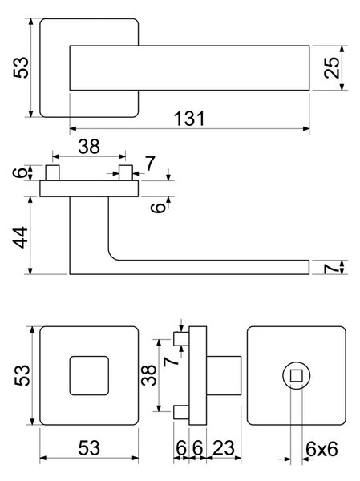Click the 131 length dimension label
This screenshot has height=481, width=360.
[x=189, y=119]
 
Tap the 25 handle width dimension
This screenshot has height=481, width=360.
[x=332, y=68]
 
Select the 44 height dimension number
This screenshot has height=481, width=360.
[x=20, y=237]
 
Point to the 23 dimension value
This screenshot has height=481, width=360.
[x=224, y=448]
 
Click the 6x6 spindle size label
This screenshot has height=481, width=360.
[x=322, y=450]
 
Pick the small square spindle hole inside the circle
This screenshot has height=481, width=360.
[x=297, y=375]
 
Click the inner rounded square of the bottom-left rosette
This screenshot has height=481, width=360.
[x=89, y=375]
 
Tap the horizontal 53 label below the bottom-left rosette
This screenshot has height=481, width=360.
[x=89, y=448]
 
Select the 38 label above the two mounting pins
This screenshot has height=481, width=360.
[x=89, y=147]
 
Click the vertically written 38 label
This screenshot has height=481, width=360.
[x=149, y=375]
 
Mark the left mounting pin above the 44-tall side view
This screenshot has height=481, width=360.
[x=52, y=172]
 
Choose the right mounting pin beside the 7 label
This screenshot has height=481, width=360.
[x=126, y=172]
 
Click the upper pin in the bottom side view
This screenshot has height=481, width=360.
[x=181, y=339]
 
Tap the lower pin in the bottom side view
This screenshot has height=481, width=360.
[x=181, y=412]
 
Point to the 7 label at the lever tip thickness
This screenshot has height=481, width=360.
[x=332, y=269]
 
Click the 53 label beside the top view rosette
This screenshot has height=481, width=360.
[x=21, y=68]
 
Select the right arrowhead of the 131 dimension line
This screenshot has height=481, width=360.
[x=305, y=129]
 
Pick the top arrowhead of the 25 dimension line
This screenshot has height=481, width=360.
[x=342, y=50]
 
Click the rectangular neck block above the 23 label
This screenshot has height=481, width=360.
[x=224, y=375]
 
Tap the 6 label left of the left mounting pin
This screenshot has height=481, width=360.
[x=19, y=172]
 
